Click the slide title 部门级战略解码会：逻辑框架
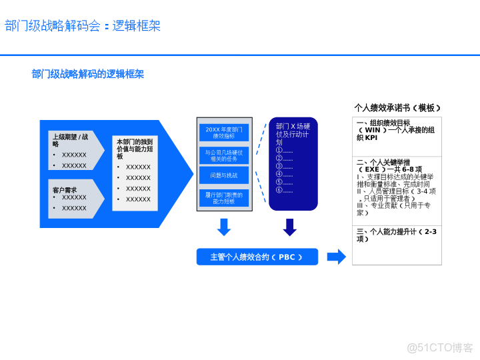point(83,26)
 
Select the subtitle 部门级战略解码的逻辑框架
point(88,74)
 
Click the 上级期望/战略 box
point(75,150)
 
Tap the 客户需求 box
point(75,198)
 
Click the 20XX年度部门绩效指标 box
point(224,132)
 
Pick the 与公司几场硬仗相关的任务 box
point(224,155)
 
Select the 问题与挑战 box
point(224,175)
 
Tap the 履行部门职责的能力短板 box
point(224,198)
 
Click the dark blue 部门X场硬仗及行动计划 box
point(293,164)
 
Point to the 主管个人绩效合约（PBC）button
point(257,257)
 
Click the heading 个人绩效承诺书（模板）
point(397,107)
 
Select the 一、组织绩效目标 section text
point(397,130)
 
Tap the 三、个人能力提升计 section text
point(397,235)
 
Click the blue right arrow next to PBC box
point(337,257)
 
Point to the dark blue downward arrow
point(289,227)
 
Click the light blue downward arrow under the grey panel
point(224,227)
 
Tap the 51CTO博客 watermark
point(440,347)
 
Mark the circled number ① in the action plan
point(279,151)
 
